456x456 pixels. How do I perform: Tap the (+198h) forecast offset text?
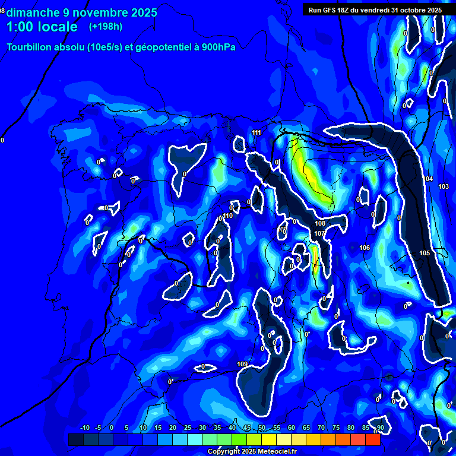pyautogui.click(x=105, y=27)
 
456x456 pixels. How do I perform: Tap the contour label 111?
pyautogui.click(x=256, y=132)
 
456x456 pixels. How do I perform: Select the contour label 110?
pyautogui.click(x=227, y=216)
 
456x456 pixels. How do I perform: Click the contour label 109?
pyautogui.click(x=242, y=364)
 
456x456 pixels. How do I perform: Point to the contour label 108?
pyautogui.click(x=320, y=223)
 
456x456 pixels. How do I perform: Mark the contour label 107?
pyautogui.click(x=319, y=233)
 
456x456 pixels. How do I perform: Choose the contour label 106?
pyautogui.click(x=365, y=248)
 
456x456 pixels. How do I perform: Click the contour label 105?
pyautogui.click(x=425, y=253)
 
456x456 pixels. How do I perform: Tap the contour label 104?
pyautogui.click(x=428, y=179)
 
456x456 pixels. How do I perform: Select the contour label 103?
pyautogui.click(x=444, y=186)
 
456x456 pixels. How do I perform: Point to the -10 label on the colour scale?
pyautogui.click(x=84, y=427)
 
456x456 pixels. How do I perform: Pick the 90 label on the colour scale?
pyautogui.click(x=380, y=427)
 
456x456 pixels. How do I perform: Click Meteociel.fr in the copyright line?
pyautogui.click(x=275, y=452)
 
